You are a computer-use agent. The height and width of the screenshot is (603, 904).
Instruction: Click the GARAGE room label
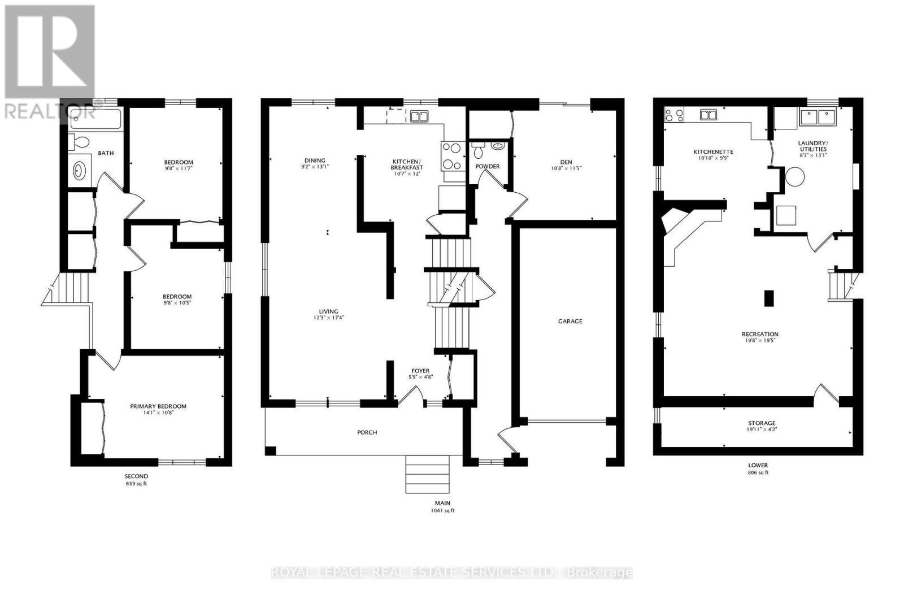coord(570,321)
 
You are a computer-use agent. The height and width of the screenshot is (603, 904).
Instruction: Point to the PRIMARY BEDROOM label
coord(158,406)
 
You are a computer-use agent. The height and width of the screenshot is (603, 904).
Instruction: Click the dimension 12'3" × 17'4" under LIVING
coord(328,318)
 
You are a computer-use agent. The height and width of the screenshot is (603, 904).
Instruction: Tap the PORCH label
coord(367,432)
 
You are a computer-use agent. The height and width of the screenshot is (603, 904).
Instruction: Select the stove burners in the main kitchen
coord(453,155)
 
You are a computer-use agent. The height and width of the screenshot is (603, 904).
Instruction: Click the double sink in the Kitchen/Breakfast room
coord(419,117)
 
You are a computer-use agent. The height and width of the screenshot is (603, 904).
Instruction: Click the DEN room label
coord(566,162)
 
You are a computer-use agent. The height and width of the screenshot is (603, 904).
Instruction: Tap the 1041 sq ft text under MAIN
coord(442,510)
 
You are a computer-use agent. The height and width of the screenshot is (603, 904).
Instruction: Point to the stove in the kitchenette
coord(674,115)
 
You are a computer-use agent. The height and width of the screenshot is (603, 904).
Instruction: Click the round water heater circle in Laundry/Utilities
coord(795,177)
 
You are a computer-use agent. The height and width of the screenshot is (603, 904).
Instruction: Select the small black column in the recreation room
coord(768,298)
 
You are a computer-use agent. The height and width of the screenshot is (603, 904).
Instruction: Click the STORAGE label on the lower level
coord(762,423)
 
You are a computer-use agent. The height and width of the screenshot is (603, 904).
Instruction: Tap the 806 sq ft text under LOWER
coord(758,472)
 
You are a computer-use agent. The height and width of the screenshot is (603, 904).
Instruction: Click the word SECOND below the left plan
coord(136,476)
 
